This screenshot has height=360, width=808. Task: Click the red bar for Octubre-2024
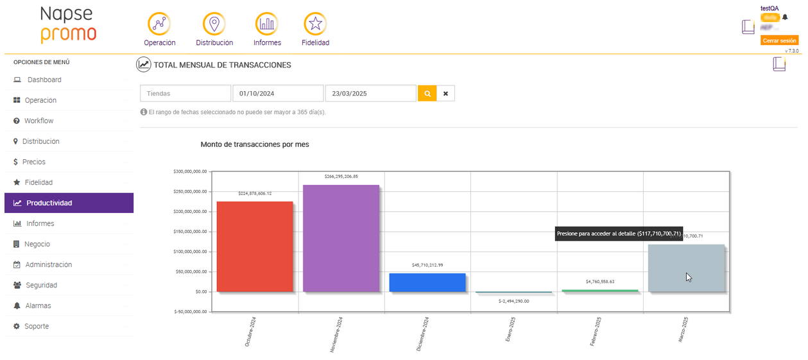(x=255, y=247)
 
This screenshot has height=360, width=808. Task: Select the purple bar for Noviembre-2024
(x=341, y=238)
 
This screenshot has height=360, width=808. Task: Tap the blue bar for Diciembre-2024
(x=427, y=282)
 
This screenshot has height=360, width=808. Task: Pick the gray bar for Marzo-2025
(x=686, y=268)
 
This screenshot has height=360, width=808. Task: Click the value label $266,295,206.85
(x=341, y=176)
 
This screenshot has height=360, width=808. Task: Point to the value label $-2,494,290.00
(x=513, y=301)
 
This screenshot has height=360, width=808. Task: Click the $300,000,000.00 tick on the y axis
(x=190, y=171)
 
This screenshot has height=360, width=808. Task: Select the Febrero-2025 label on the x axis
(x=596, y=332)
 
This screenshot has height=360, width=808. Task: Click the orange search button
(x=427, y=94)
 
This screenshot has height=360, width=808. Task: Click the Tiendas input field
(x=185, y=94)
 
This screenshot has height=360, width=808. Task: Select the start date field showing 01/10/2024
(x=278, y=94)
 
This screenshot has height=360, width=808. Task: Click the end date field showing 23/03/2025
(x=370, y=94)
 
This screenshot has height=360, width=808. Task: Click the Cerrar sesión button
(x=779, y=40)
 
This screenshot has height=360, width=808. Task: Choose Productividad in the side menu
(x=69, y=203)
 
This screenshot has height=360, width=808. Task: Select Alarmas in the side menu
(x=38, y=305)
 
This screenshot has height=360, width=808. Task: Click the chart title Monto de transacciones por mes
(x=255, y=144)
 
